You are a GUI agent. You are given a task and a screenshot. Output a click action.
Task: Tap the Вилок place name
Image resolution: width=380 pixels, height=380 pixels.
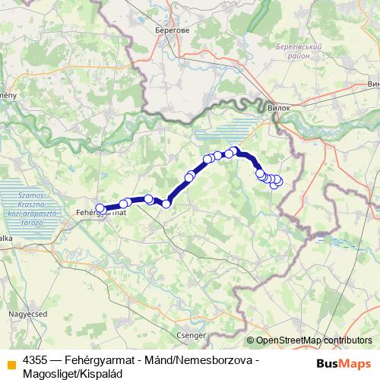280,109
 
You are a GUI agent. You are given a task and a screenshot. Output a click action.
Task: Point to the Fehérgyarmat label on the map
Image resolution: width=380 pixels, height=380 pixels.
101,214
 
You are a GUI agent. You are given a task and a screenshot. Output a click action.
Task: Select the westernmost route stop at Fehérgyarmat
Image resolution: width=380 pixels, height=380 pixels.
100,207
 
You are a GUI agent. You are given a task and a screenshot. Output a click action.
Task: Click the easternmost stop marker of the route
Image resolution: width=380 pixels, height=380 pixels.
278,180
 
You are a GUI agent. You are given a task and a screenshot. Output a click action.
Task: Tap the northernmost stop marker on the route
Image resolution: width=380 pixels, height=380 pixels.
235,150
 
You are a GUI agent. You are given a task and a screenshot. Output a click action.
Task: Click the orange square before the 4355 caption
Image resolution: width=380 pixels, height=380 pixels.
11,365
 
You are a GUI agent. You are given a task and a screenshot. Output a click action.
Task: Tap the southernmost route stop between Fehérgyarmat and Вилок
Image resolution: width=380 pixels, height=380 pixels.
166,204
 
